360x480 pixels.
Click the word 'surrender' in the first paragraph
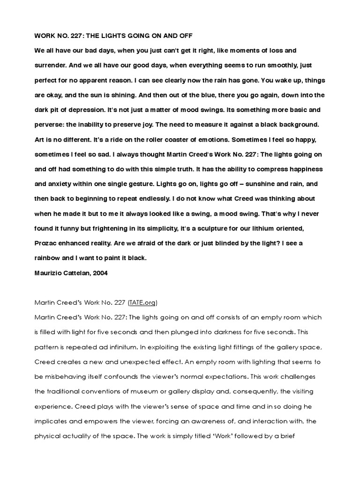click(50, 65)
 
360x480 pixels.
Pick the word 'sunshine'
click(254, 184)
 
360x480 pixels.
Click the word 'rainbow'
click(49, 258)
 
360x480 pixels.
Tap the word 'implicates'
click(52, 421)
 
